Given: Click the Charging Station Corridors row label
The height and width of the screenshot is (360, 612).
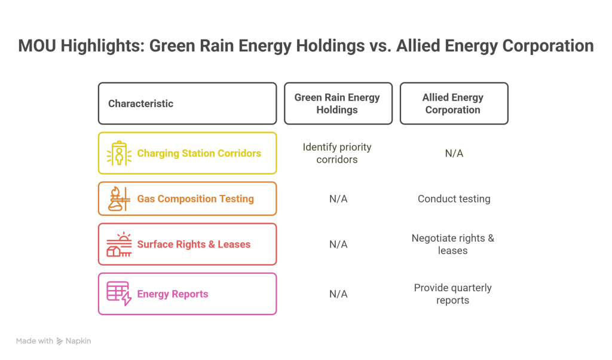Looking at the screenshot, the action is [x=199, y=153].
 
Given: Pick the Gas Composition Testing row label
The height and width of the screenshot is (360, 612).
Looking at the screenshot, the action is [x=195, y=199].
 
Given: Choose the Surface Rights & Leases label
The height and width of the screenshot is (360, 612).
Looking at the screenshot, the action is [x=194, y=245].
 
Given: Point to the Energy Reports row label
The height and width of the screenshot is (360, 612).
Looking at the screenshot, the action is [x=173, y=294].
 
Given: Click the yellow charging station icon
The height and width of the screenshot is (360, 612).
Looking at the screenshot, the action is [x=119, y=153].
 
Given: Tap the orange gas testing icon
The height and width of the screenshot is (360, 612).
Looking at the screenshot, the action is [x=119, y=199].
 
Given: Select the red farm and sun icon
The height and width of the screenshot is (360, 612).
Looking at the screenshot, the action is [x=119, y=245].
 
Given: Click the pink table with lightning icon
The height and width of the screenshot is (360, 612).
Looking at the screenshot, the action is [x=119, y=294].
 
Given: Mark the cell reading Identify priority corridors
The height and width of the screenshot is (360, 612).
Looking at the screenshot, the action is [x=337, y=153].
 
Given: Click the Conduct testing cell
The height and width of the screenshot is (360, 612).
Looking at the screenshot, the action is [x=454, y=199].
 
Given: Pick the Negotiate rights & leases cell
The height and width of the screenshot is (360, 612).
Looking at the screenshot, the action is [x=453, y=245].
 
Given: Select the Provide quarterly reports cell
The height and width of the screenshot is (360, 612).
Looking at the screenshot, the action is [x=453, y=294].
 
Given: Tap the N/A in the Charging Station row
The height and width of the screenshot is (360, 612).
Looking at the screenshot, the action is [x=454, y=153].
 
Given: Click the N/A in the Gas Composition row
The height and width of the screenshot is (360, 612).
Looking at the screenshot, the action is [x=338, y=199].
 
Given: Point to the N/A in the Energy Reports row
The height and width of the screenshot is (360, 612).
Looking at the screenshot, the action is [x=338, y=294].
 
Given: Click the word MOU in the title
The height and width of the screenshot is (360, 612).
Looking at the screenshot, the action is [x=37, y=45].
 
